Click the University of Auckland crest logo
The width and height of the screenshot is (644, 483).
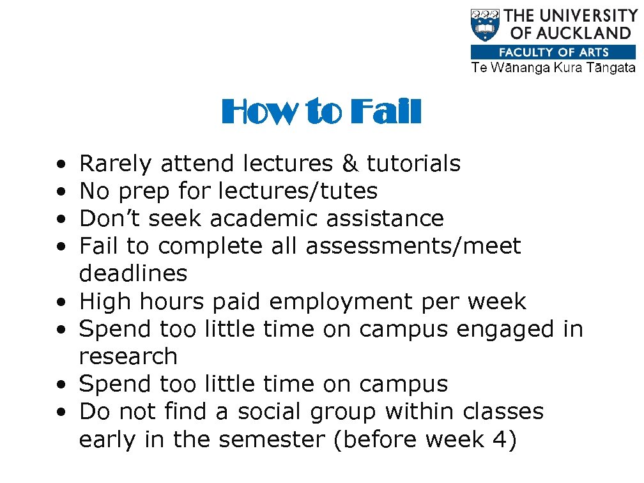pyautogui.click(x=486, y=25)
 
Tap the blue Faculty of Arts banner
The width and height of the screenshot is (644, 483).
pyautogui.click(x=553, y=52)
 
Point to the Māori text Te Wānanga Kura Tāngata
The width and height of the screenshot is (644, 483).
pyautogui.click(x=553, y=68)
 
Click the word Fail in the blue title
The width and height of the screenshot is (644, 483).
pyautogui.click(x=387, y=112)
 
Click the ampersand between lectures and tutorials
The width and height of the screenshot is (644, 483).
pyautogui.click(x=349, y=164)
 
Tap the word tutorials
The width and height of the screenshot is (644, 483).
pyautogui.click(x=413, y=164)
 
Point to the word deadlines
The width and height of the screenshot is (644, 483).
pyautogui.click(x=133, y=274)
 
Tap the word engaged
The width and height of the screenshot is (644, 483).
pyautogui.click(x=505, y=330)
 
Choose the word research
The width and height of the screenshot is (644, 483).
pyautogui.click(x=128, y=357)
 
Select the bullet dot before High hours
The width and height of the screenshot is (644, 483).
pyautogui.click(x=59, y=302)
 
